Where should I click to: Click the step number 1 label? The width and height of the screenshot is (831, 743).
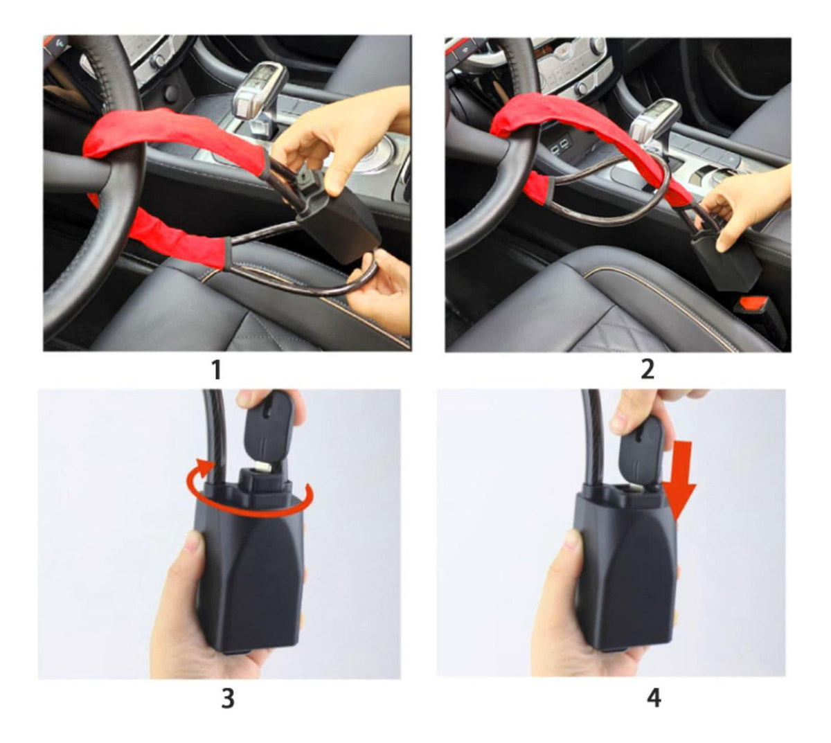click(x=217, y=370)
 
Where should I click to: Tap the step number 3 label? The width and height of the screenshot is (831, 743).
click(x=228, y=699)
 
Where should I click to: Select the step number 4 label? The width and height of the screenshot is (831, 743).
click(x=654, y=698)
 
